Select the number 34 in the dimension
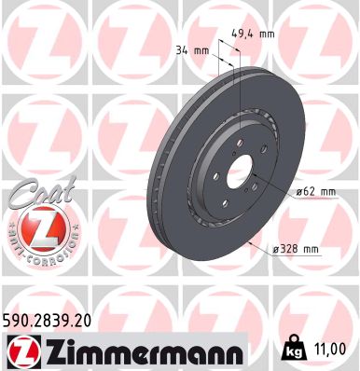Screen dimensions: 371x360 click(186, 50)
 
